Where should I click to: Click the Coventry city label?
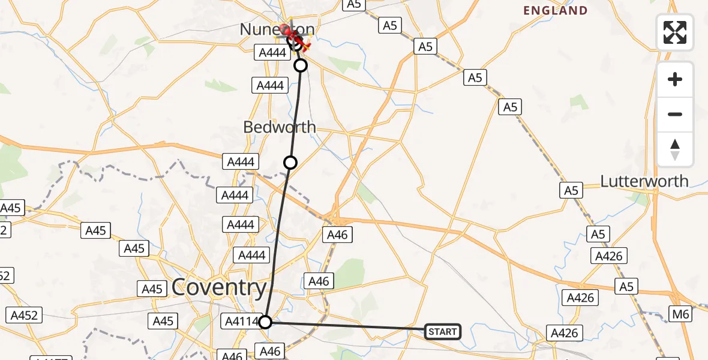219,288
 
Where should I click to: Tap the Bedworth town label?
280,127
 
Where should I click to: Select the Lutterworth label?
644,181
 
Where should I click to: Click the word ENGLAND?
555,11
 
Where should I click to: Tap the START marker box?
443,331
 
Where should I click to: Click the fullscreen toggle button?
675,32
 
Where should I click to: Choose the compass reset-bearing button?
675,149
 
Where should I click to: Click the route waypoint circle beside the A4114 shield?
265,322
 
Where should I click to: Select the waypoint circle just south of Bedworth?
290,162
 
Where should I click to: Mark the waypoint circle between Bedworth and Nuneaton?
301,65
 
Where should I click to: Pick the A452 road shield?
23,314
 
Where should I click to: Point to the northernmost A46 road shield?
337,235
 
